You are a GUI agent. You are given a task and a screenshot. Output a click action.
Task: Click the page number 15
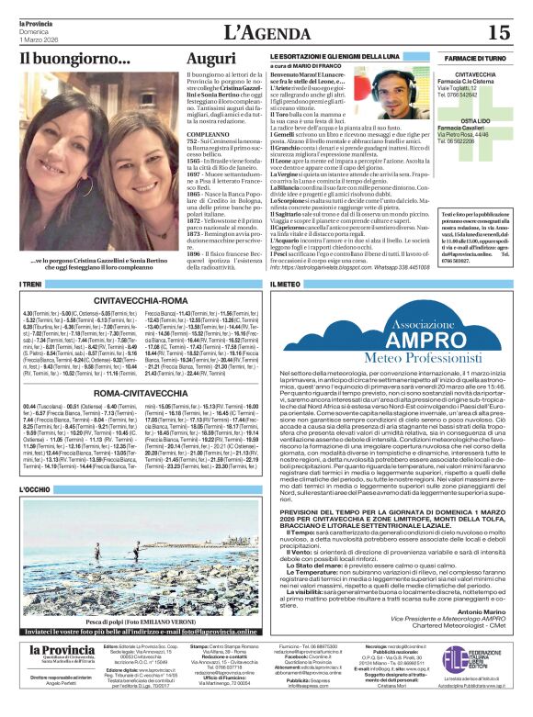(x=498, y=32)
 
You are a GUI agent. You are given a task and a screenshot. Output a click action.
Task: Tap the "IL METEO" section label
(x=286, y=285)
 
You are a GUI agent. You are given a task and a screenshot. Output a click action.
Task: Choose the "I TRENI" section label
(x=32, y=285)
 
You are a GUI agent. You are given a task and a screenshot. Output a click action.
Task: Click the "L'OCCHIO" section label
(x=37, y=490)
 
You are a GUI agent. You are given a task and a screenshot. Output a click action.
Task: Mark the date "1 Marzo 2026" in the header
(x=41, y=39)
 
